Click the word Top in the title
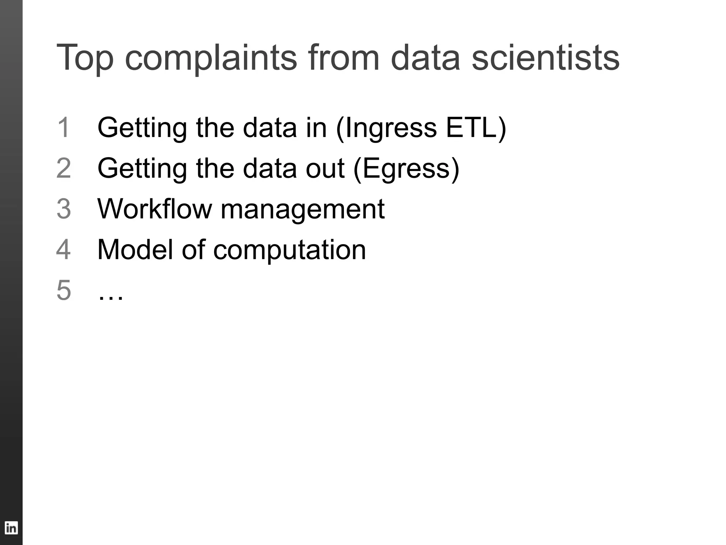tap(85, 57)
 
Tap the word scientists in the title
tap(545, 57)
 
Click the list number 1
tap(63, 127)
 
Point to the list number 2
tap(64, 168)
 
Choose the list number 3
tap(64, 209)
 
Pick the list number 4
tap(63, 249)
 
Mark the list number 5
tap(64, 290)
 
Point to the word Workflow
tap(155, 209)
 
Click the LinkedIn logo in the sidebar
tap(11, 528)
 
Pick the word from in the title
tap(344, 57)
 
